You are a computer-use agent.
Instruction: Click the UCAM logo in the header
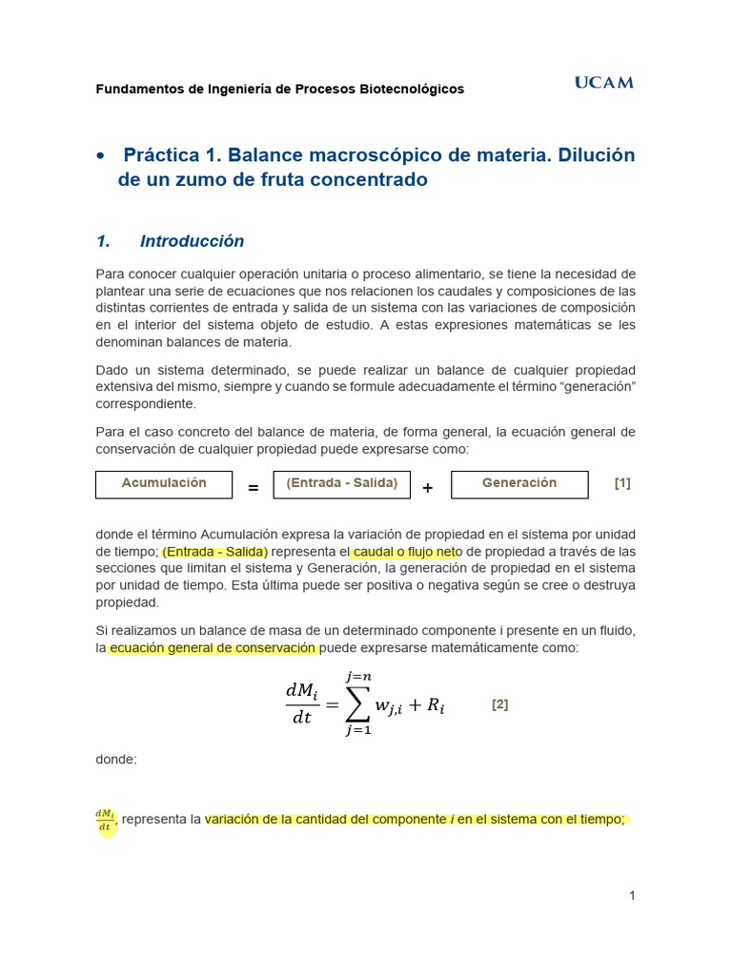pyautogui.click(x=603, y=83)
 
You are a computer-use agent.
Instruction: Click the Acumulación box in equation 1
pyautogui.click(x=164, y=483)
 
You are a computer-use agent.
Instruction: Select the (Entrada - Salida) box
pyautogui.click(x=341, y=483)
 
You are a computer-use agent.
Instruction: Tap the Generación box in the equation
pyautogui.click(x=518, y=483)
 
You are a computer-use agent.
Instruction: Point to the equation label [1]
pyautogui.click(x=622, y=483)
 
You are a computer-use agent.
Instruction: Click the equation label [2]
pyautogui.click(x=499, y=705)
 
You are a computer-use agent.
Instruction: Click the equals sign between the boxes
pyautogui.click(x=254, y=488)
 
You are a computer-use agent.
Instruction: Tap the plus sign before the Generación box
pyautogui.click(x=428, y=488)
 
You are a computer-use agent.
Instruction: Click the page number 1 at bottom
pyautogui.click(x=631, y=895)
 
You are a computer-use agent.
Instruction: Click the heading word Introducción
pyautogui.click(x=192, y=241)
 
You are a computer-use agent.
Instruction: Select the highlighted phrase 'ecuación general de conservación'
pyautogui.click(x=212, y=648)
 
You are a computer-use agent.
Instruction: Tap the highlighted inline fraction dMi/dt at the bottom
pyautogui.click(x=105, y=821)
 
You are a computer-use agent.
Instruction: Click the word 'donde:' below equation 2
pyautogui.click(x=116, y=760)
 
